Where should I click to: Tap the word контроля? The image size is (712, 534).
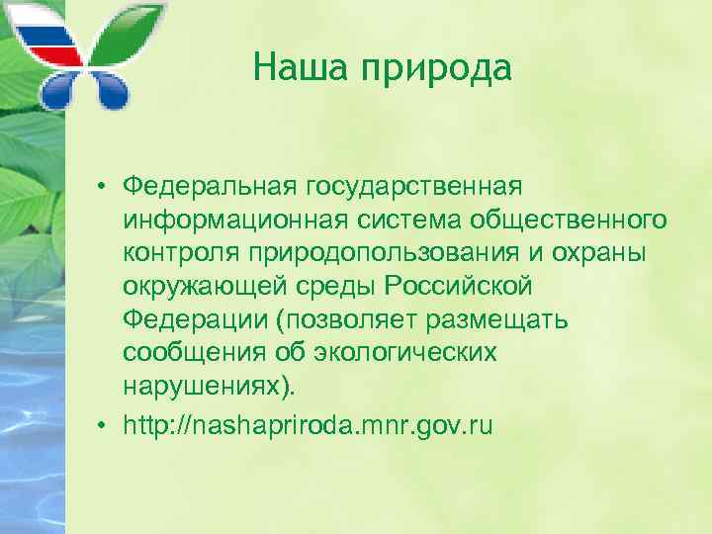[179, 252]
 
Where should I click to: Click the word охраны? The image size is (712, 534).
[610, 252]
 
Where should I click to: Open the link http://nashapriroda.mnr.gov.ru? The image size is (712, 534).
[308, 425]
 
